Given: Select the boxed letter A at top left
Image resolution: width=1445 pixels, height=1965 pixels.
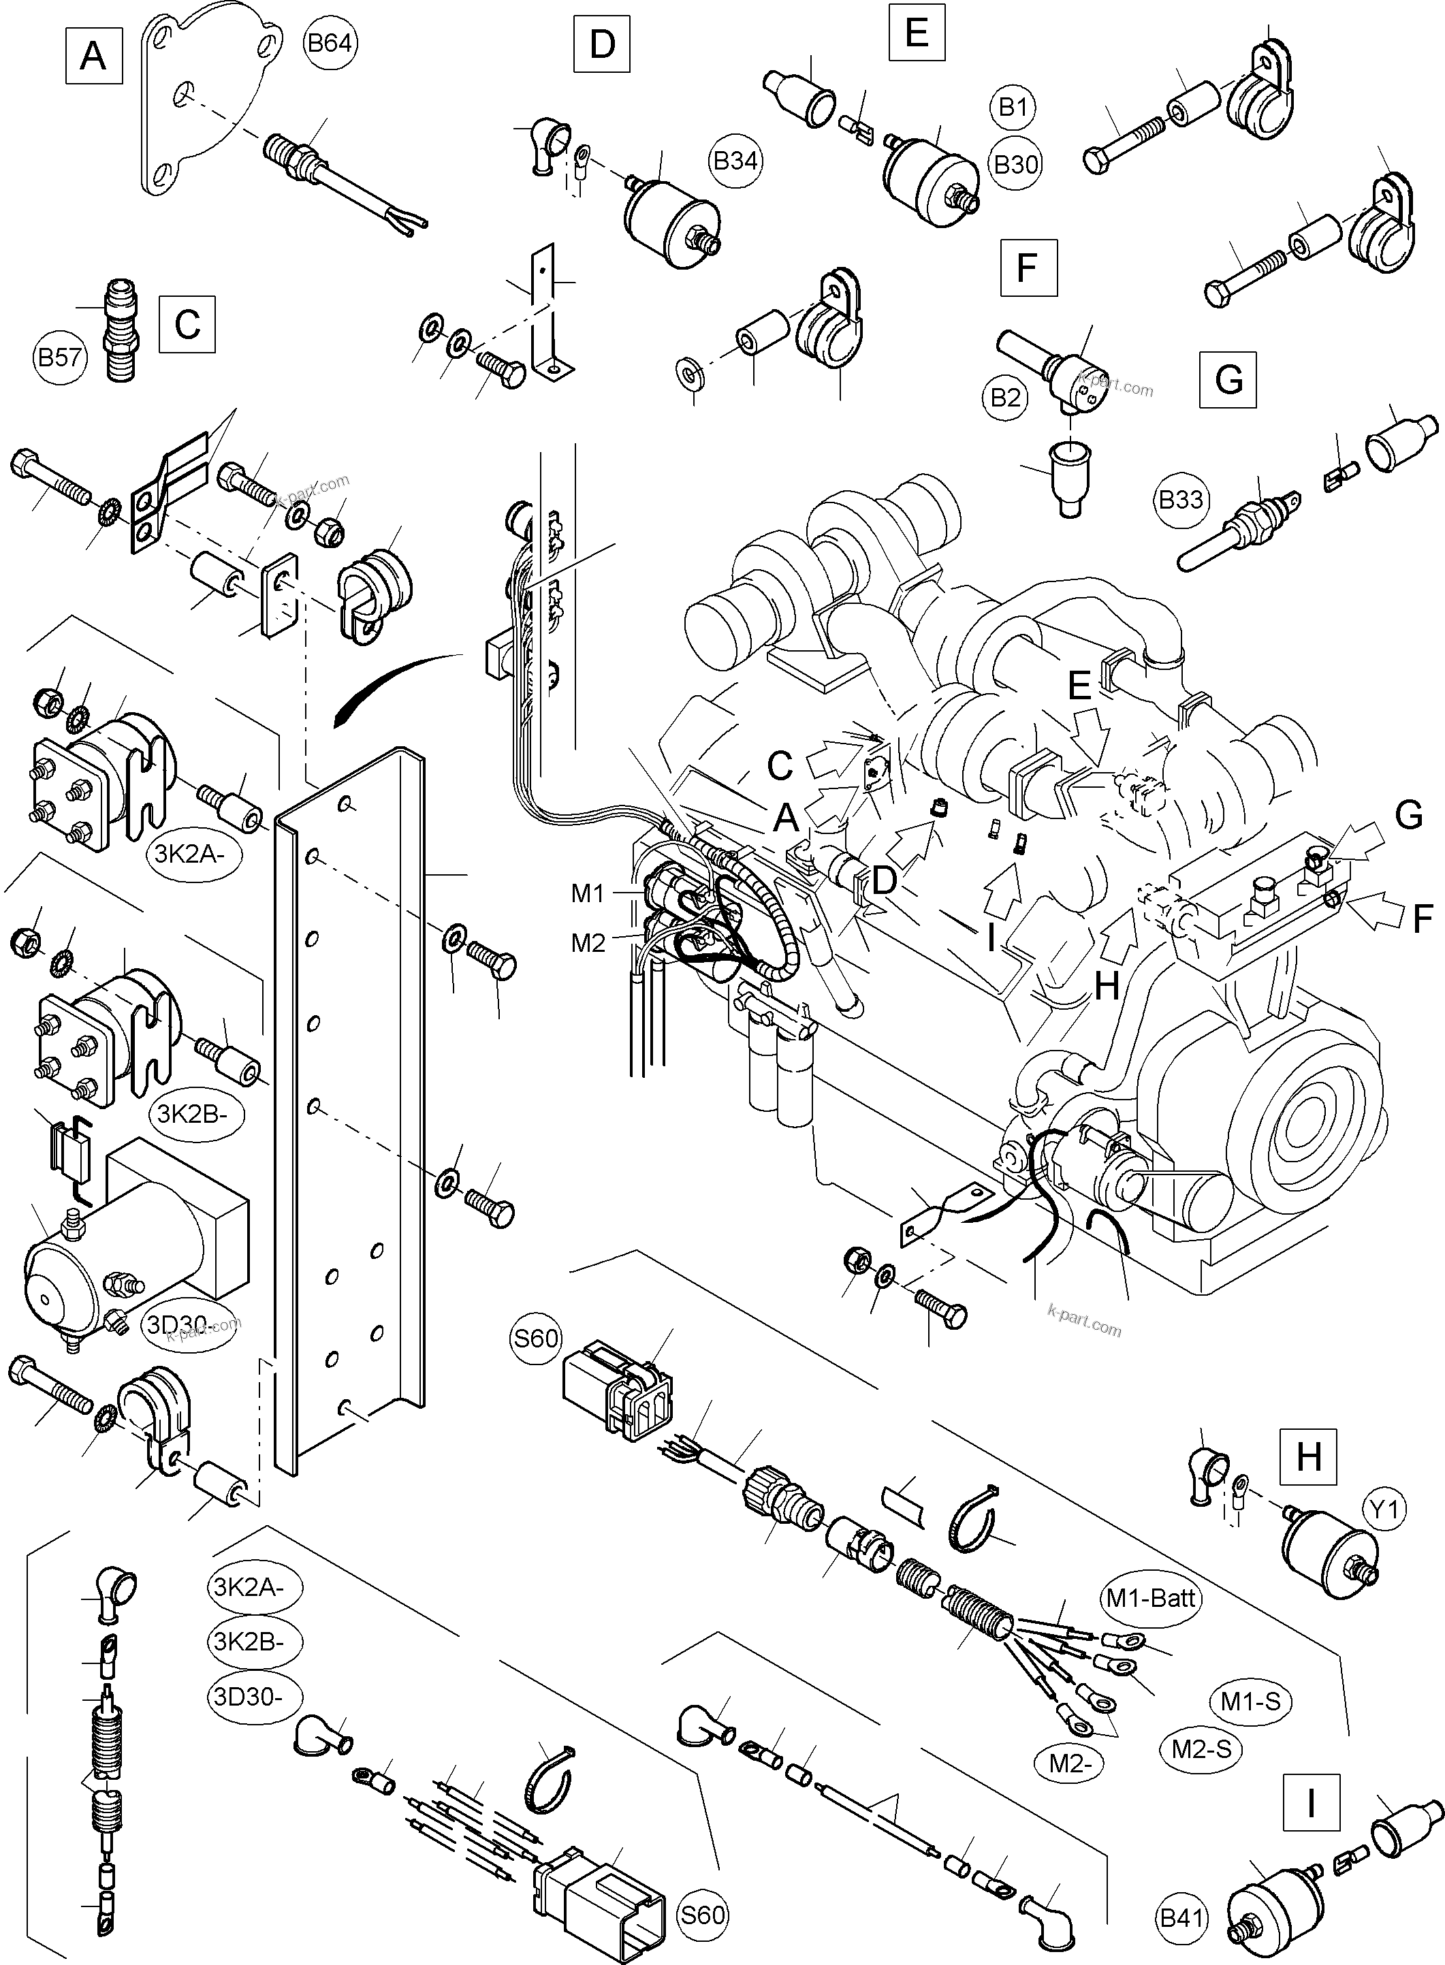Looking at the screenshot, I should click(x=93, y=57).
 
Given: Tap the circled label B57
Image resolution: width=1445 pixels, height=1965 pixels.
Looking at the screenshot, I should click(x=61, y=357).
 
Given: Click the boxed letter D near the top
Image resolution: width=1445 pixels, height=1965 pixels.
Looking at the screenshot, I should click(x=602, y=44).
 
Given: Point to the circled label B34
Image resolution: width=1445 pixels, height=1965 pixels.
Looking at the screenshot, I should click(x=735, y=161).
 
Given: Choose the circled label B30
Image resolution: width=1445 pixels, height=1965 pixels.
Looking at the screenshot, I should click(x=1015, y=164).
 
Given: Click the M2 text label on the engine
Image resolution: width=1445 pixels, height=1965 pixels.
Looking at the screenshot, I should click(x=588, y=943).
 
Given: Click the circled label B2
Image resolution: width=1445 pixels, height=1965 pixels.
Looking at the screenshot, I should click(x=1006, y=398).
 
